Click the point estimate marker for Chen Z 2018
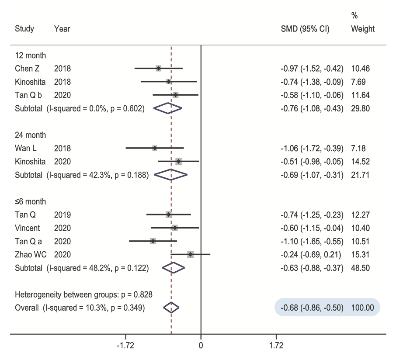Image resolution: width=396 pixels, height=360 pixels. tap(158, 68)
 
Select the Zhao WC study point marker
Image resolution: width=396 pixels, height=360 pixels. tap(190, 254)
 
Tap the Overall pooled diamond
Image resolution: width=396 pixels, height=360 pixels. tap(171, 308)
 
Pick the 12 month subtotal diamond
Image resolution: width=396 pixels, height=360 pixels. tap(168, 108)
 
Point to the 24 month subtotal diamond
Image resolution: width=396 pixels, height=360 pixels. tap(171, 175)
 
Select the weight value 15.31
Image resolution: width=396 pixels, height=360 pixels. tap(360, 254)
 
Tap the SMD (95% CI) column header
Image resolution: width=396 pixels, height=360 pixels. tap(305, 29)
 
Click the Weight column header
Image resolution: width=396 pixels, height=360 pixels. tap(362, 29)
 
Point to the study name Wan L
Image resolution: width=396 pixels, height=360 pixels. tap(26, 148)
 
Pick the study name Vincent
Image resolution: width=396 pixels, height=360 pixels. tap(27, 228)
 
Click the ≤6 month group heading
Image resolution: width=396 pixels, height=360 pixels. tap(30, 201)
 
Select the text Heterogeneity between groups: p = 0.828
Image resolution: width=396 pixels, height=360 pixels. tap(84, 294)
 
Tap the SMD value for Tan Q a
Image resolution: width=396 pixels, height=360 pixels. tap(312, 241)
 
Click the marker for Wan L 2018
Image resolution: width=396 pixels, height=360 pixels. tap(154, 148)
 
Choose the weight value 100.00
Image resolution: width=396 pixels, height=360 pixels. tap(362, 308)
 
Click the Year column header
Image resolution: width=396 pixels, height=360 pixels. tap(62, 29)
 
